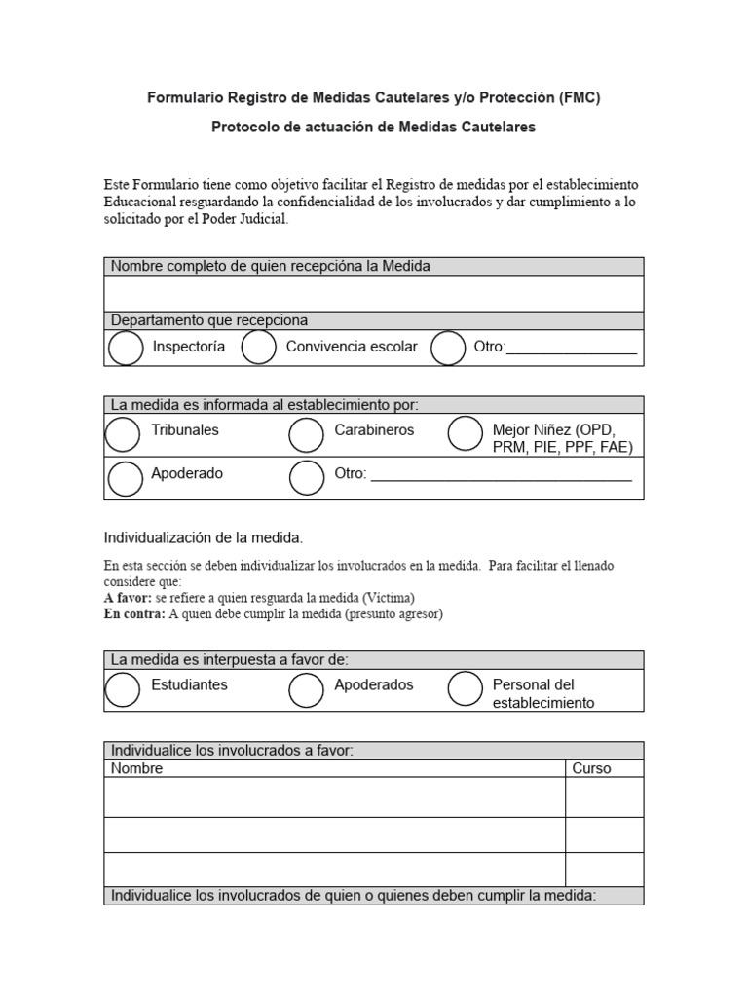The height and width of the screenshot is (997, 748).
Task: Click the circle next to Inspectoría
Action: coord(126,348)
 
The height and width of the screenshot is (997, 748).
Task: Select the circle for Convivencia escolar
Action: coord(258,348)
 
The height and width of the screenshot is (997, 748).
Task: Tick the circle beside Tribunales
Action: coord(123,434)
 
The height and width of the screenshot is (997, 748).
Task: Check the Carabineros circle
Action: coord(306,434)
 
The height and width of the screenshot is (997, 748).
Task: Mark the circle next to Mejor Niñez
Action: coord(465,434)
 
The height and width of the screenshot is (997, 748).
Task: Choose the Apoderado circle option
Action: coord(126,478)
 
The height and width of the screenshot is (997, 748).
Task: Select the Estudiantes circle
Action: coord(123,689)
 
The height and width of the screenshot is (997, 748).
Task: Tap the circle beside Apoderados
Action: coord(306,689)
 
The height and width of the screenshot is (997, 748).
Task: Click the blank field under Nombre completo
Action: coord(373,293)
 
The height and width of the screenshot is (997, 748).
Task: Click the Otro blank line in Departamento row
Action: coord(572,349)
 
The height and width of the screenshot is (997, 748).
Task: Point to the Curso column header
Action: coord(591,768)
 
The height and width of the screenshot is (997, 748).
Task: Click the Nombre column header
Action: coord(137,768)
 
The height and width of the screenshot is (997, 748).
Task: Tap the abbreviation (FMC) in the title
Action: coord(580,97)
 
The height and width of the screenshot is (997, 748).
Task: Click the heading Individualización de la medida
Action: coord(204,537)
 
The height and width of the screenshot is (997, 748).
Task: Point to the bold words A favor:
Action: coord(128,597)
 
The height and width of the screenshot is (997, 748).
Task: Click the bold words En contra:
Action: coord(134,614)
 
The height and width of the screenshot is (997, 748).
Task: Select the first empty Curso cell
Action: coord(604,796)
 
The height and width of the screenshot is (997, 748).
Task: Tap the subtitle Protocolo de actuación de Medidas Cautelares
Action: coord(373,127)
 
